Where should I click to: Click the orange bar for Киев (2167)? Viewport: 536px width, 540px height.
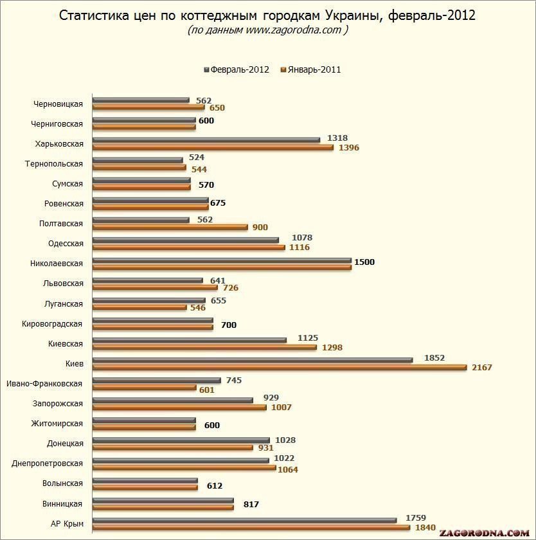(x=280, y=367)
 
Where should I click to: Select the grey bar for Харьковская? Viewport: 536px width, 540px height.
(x=206, y=139)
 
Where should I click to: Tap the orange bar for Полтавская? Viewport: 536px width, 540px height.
(x=170, y=226)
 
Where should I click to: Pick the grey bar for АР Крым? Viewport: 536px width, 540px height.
(x=244, y=520)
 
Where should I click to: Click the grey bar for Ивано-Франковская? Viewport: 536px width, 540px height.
(x=156, y=380)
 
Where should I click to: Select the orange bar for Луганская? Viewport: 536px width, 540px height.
(x=139, y=307)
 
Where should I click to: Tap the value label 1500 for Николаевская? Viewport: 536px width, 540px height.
(x=364, y=262)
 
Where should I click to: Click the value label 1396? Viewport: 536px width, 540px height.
(x=348, y=148)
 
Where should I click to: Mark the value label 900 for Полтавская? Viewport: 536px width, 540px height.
(x=260, y=228)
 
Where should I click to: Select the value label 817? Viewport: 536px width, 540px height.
(x=251, y=505)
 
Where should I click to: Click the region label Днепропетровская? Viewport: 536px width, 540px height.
(x=48, y=464)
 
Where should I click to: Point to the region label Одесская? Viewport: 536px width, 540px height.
(x=66, y=244)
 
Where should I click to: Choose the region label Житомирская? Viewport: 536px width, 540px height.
(x=57, y=424)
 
